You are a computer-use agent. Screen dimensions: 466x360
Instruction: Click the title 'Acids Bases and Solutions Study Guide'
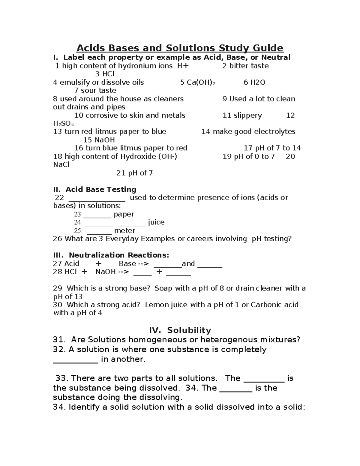click(x=180, y=48)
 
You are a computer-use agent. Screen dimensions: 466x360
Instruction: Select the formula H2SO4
click(x=63, y=124)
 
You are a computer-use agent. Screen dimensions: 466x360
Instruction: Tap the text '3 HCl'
click(x=105, y=74)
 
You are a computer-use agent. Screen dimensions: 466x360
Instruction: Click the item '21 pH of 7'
click(x=134, y=173)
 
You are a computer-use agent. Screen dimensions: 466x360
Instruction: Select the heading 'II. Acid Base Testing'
click(x=95, y=190)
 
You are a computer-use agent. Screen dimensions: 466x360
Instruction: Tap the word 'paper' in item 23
click(x=124, y=214)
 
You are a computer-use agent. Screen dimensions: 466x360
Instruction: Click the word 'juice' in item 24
click(x=156, y=222)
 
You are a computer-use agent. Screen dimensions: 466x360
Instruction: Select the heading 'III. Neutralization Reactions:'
click(x=111, y=255)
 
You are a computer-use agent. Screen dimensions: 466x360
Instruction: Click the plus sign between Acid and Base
click(x=98, y=264)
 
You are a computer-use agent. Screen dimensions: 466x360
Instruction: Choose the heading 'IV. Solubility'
click(x=180, y=330)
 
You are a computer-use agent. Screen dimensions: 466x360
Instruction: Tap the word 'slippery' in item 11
click(x=247, y=116)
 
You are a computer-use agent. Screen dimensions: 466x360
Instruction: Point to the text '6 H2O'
click(x=254, y=83)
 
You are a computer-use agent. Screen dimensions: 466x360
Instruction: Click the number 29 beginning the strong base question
click(x=57, y=289)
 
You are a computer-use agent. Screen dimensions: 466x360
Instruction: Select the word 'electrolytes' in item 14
click(x=275, y=132)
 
